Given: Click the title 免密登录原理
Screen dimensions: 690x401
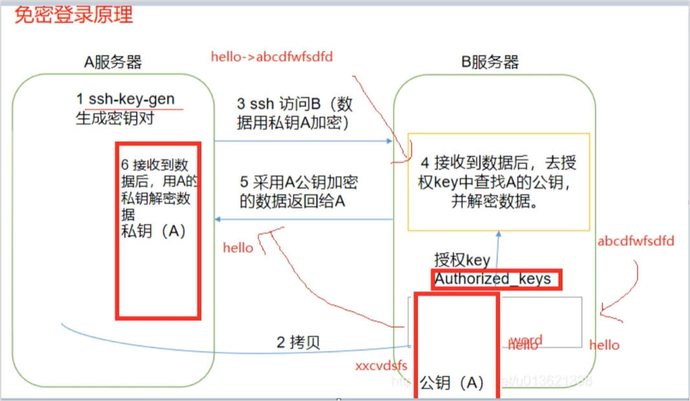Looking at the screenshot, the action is coord(74,15).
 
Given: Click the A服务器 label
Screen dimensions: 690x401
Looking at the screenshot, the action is coord(113,62).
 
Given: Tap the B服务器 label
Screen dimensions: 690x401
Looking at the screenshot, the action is coord(490,62).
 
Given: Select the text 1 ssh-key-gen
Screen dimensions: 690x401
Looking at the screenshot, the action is coord(125,100).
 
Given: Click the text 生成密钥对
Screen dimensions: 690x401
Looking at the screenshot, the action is coord(115,119).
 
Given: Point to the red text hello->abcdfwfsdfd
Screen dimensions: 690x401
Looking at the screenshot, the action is coord(272,56).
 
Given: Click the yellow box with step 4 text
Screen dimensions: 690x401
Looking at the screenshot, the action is coord(499,182).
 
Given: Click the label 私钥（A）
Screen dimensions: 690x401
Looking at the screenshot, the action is coord(153,232).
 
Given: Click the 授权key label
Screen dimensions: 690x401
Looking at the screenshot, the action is coord(462,260).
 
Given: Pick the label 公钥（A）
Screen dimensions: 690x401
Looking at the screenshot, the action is coord(452,382).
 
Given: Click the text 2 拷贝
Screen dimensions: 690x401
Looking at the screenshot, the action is coord(298,343).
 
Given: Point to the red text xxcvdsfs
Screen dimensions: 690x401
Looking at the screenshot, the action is coord(381,366).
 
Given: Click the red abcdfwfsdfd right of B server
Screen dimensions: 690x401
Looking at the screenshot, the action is coord(636,241).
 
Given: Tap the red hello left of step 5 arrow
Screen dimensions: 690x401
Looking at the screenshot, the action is coord(238,248).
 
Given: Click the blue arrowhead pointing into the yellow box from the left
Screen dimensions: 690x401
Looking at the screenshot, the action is coord(389,141).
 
